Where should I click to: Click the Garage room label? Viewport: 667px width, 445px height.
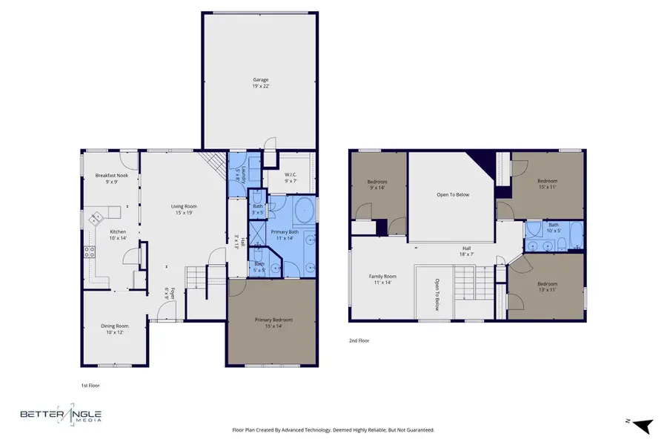(x=260, y=82)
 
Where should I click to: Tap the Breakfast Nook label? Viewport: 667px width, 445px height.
(x=111, y=178)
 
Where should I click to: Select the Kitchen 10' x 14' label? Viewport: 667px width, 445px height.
(x=97, y=234)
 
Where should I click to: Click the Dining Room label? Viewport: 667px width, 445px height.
(x=115, y=329)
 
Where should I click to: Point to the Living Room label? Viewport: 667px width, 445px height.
(x=184, y=209)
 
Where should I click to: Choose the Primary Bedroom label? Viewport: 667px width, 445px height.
(x=273, y=322)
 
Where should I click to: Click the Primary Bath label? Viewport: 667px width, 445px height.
(x=284, y=234)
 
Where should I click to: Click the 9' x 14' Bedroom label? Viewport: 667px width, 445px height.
(x=378, y=184)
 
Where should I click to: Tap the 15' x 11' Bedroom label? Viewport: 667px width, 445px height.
(x=547, y=183)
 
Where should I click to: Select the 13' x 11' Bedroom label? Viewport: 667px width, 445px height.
(x=547, y=286)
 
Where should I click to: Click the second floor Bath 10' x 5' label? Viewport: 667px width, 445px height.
(x=553, y=227)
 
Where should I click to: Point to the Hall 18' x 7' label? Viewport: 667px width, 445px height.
(x=467, y=251)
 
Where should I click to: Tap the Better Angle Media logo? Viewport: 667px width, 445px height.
(x=62, y=417)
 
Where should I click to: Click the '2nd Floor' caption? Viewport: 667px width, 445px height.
(x=359, y=340)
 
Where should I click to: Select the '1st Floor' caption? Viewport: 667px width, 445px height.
(x=90, y=386)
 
